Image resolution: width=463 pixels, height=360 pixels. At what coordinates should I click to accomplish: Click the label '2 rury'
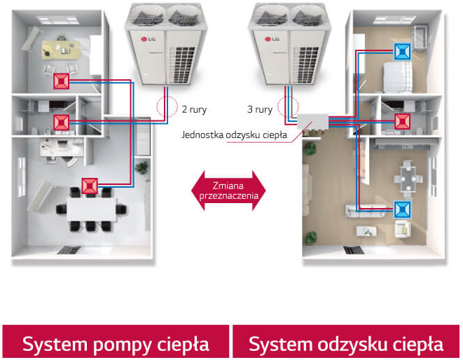pyautogui.click(x=194, y=110)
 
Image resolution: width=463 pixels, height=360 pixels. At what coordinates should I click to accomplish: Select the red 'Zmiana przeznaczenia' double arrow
pyautogui.click(x=230, y=190)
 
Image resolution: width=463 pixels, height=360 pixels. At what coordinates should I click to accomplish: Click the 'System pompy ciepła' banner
pyautogui.click(x=116, y=344)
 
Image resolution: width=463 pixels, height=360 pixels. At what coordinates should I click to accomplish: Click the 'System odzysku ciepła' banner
pyautogui.click(x=346, y=344)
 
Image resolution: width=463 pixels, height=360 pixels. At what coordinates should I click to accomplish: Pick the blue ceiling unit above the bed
pyautogui.click(x=402, y=51)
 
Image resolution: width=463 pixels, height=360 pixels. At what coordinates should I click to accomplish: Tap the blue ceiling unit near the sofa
pyautogui.click(x=402, y=209)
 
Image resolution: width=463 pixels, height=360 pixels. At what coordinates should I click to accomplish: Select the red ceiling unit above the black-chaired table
pyautogui.click(x=88, y=186)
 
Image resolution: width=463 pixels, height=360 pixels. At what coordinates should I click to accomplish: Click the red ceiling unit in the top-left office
pyautogui.click(x=60, y=82)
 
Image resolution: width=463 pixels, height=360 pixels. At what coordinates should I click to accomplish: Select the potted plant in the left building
pyautogui.click(x=142, y=167)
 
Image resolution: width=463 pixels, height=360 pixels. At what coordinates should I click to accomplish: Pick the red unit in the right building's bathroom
pyautogui.click(x=402, y=120)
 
